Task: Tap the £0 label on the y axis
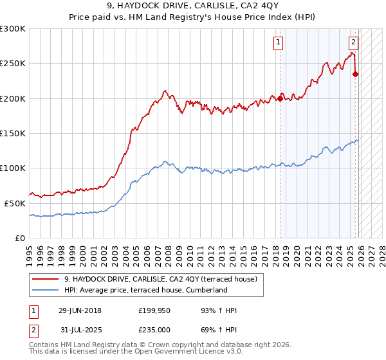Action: click(19, 238)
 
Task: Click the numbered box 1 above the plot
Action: click(279, 43)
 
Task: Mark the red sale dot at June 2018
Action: click(280, 98)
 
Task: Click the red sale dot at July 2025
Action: click(355, 74)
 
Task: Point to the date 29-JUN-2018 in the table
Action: click(80, 310)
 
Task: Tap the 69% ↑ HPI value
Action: click(219, 330)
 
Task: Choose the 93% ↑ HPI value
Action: click(219, 310)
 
